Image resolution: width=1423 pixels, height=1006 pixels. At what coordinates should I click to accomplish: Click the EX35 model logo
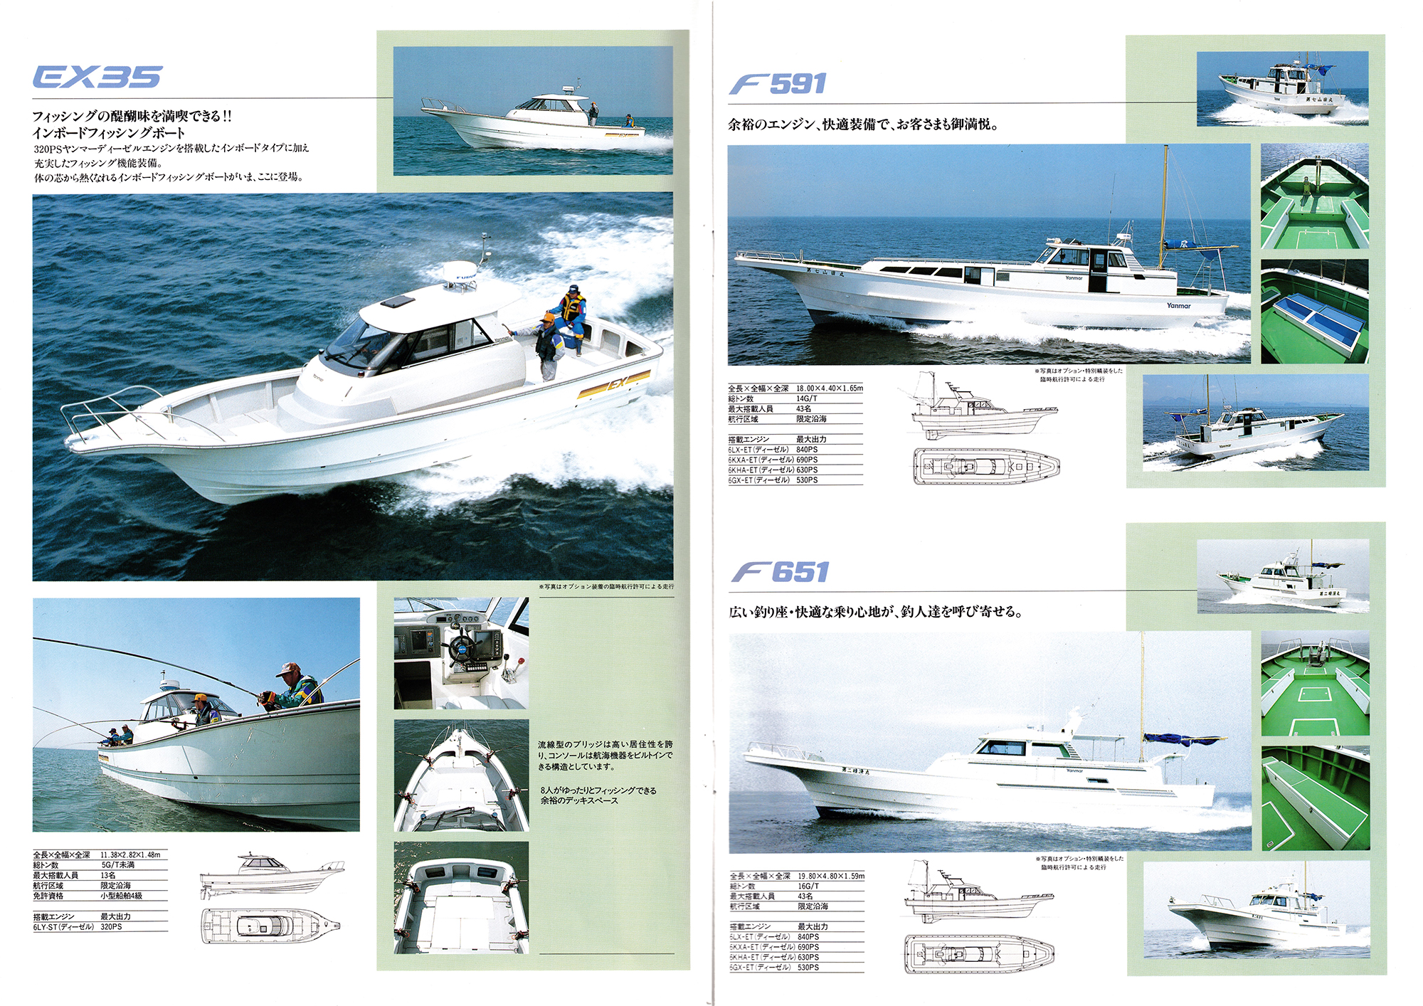(97, 77)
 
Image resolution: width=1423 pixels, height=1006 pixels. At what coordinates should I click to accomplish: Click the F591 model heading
(778, 84)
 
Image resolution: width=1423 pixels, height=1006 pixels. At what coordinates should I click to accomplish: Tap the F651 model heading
(780, 572)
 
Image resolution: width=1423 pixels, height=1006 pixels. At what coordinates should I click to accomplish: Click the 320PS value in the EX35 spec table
(111, 927)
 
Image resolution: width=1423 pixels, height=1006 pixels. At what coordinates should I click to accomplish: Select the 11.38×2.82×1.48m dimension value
(130, 854)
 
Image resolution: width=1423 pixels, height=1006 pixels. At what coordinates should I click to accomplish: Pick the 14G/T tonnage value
(807, 399)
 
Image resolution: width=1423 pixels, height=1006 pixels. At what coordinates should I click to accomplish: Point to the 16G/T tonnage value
(808, 886)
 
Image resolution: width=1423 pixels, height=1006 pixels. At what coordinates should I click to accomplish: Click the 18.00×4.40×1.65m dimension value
(829, 388)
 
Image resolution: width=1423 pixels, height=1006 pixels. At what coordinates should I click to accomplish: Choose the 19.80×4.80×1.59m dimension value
(830, 877)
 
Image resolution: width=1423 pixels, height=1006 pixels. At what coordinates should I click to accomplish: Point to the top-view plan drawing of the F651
(979, 953)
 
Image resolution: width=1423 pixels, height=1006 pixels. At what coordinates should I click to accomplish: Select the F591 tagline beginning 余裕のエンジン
(862, 125)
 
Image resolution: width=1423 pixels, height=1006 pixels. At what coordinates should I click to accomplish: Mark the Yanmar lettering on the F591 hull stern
(1178, 306)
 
